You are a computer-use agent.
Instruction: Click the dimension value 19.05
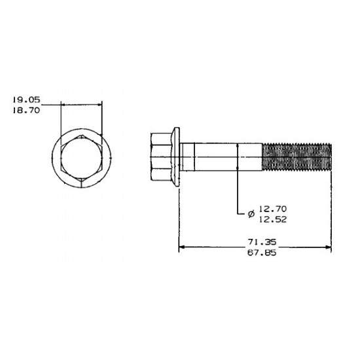[x=26, y=99]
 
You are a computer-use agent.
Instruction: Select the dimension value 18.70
[x=26, y=111]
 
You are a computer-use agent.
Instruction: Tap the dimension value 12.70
[x=273, y=209]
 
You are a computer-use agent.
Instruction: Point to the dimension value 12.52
[x=273, y=220]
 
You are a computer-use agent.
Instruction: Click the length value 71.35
[x=262, y=242]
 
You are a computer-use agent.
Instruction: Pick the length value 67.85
[x=262, y=253]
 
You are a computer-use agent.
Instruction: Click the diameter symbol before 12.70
[x=251, y=214]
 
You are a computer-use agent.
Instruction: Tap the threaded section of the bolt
[x=297, y=157]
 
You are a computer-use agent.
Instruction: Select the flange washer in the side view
[x=176, y=157]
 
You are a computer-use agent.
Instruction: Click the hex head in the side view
[x=162, y=157]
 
